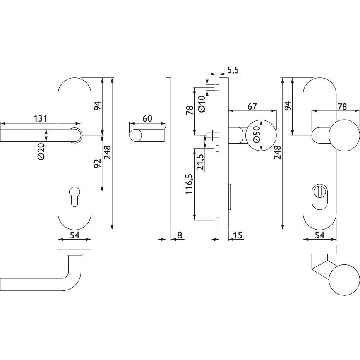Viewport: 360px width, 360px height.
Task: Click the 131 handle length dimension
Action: pyautogui.click(x=40, y=118)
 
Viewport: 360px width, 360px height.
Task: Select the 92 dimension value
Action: pyautogui.click(x=98, y=163)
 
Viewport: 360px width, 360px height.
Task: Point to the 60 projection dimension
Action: pyautogui.click(x=147, y=118)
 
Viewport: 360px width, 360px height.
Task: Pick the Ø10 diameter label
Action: pyautogui.click(x=201, y=104)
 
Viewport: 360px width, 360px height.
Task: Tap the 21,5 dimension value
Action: pyautogui.click(x=201, y=162)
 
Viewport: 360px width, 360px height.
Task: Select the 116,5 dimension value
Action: pyautogui.click(x=190, y=184)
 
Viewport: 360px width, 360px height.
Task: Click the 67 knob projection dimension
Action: pyautogui.click(x=252, y=106)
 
